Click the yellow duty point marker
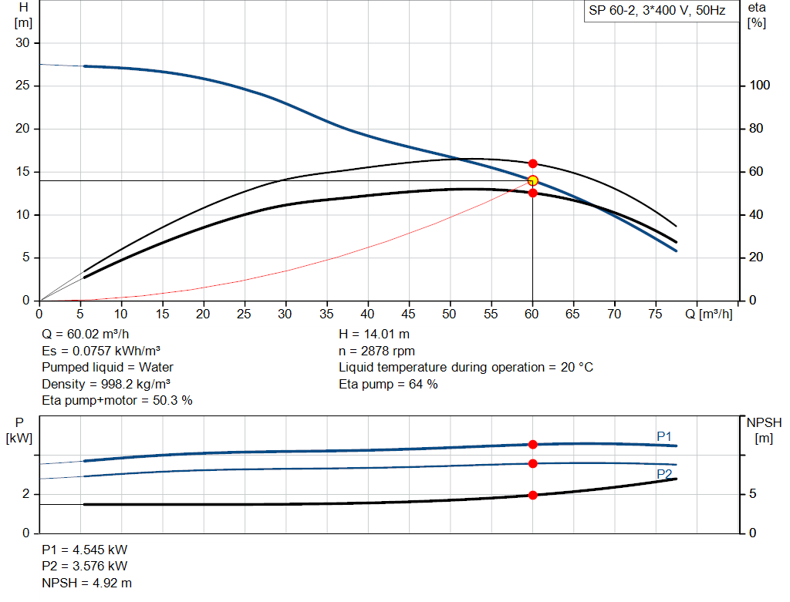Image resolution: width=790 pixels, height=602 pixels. coord(532,180)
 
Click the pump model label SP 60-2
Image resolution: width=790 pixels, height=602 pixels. coord(657,12)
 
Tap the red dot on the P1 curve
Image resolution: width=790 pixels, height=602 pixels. coord(532,444)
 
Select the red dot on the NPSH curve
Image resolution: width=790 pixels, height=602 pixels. coord(532,495)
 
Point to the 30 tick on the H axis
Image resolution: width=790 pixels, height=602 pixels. coord(22,43)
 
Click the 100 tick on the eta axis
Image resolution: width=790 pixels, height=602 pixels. coord(759,86)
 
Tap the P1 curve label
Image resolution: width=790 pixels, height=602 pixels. coord(664,436)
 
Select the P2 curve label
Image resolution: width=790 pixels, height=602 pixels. coord(664,473)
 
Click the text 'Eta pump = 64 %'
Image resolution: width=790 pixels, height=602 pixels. coord(388,384)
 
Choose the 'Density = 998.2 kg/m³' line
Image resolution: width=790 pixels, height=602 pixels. coord(106,384)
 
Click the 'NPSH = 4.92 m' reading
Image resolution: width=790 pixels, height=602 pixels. coord(81,583)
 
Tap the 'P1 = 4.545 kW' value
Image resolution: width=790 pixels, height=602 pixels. coord(85,550)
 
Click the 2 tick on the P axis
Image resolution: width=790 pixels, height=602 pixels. coord(25,494)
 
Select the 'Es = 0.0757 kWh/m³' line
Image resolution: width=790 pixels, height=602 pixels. coord(100,351)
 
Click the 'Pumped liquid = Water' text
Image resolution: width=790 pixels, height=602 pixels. coord(108,367)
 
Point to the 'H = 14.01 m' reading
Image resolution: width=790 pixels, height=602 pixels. coord(374,335)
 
